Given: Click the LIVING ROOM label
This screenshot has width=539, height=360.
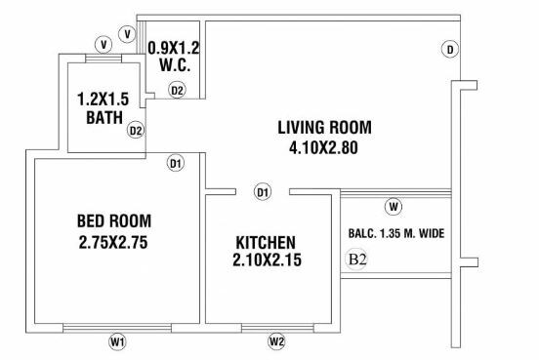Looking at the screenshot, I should [x=324, y=127].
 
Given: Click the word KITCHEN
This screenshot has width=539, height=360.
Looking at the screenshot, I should [x=266, y=241].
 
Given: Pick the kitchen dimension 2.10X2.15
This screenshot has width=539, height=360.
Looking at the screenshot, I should [x=266, y=261].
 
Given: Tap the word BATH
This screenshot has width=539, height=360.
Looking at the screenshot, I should [x=104, y=119].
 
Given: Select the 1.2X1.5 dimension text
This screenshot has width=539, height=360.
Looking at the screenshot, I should [x=104, y=100].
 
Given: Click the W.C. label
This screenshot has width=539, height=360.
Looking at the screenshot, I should [x=173, y=66].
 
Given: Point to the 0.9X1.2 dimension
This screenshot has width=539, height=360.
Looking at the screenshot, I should [x=173, y=46].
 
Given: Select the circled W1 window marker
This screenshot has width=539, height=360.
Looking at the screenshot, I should [x=117, y=341].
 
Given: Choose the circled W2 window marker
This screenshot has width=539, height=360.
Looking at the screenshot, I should [x=276, y=341].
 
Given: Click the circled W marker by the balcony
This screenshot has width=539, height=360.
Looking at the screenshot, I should [x=393, y=206].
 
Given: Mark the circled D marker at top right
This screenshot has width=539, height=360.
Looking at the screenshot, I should [x=449, y=49].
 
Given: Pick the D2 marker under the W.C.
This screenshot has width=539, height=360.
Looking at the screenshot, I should [x=177, y=90].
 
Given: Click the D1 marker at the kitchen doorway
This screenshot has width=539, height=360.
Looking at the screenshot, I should [x=262, y=192].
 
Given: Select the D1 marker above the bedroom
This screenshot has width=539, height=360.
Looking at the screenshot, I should [x=176, y=163].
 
